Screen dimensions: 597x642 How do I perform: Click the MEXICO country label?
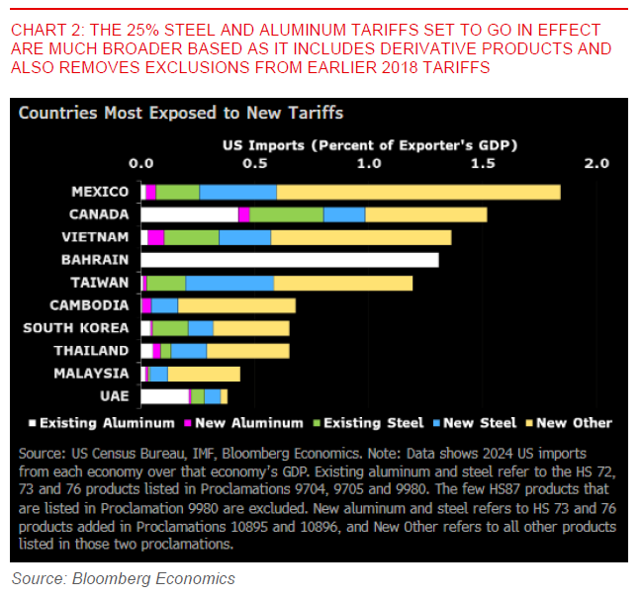[x=100, y=192]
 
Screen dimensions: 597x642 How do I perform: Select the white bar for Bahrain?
[x=290, y=260]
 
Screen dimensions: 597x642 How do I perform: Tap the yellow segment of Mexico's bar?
[x=417, y=192]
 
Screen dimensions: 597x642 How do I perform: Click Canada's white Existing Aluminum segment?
[x=190, y=214]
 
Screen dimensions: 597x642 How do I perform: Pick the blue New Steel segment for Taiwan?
[x=229, y=283]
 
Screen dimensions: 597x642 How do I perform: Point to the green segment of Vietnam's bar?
[x=191, y=237]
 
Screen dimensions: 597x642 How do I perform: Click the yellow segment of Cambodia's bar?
[x=236, y=305]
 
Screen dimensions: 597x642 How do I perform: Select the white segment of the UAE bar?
[x=164, y=396]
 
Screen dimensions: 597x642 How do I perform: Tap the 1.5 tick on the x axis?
[x=481, y=162]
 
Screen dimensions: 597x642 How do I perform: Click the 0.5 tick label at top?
[x=254, y=162]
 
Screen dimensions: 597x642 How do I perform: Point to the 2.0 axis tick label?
[x=595, y=162]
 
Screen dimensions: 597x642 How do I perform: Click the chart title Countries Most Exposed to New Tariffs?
[x=181, y=114]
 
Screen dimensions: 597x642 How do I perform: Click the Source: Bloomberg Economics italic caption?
[x=124, y=579]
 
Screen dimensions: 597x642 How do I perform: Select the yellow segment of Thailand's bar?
[x=248, y=351]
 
